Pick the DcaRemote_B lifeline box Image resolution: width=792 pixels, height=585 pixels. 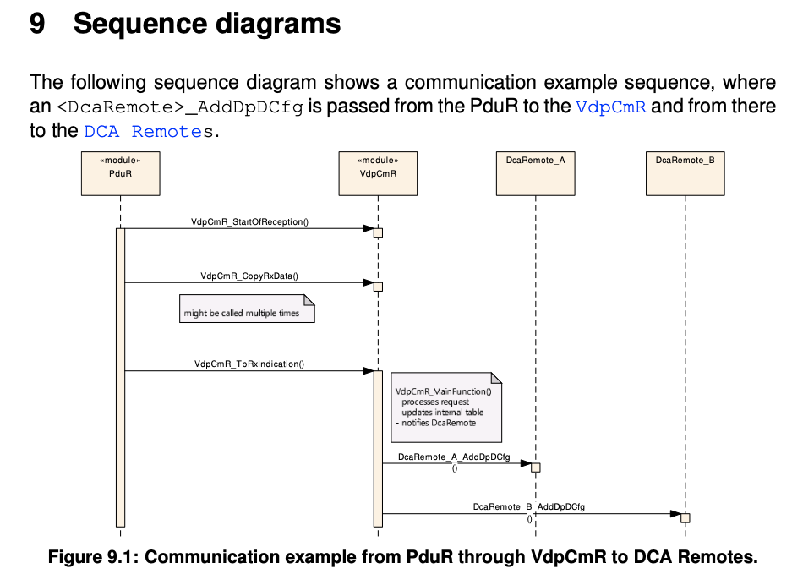[x=685, y=172]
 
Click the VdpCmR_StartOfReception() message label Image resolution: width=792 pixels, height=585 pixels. [x=249, y=221]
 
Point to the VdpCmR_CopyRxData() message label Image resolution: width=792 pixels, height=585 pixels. [x=249, y=276]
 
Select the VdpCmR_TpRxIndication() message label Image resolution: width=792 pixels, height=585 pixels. [x=249, y=364]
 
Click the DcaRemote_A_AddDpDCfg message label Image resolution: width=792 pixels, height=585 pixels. [x=454, y=457]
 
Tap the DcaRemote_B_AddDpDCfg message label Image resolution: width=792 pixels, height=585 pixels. [x=529, y=506]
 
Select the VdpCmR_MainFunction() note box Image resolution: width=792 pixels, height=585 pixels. [x=445, y=407]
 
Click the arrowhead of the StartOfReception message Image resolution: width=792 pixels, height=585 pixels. [x=369, y=228]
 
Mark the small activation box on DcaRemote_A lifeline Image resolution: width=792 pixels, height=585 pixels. [x=535, y=467]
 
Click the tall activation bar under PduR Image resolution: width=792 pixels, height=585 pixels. [x=120, y=376]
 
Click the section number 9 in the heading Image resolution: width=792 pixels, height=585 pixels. [x=37, y=24]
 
